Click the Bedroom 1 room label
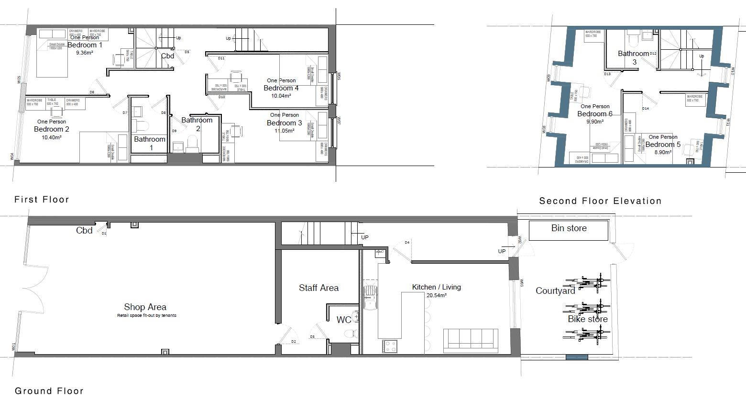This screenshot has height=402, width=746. click(85, 45)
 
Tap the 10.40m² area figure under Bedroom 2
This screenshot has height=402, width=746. click(52, 137)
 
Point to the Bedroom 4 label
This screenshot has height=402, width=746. click(281, 88)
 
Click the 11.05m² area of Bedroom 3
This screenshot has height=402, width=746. click(284, 131)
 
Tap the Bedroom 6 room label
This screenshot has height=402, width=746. click(594, 114)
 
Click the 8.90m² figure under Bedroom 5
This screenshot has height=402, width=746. click(662, 152)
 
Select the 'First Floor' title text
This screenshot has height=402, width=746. click(42, 200)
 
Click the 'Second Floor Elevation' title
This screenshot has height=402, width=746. click(600, 201)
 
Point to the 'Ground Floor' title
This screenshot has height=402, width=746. click(49, 391)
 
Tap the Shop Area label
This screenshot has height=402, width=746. click(145, 307)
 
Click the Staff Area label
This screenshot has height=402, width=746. click(318, 288)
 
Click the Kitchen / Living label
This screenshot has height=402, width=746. click(436, 287)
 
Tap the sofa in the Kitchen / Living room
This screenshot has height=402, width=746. click(471, 340)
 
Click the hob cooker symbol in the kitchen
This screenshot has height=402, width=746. click(390, 346)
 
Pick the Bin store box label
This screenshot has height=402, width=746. click(569, 228)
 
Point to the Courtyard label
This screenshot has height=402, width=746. click(555, 291)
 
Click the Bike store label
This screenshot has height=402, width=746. click(588, 319)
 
